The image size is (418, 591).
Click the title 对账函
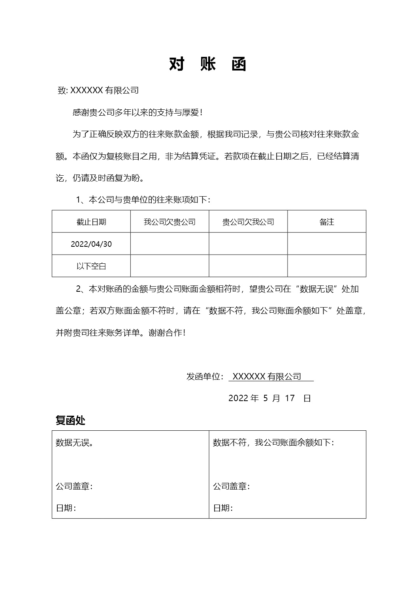point(208,64)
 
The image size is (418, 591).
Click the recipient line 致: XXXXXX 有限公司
point(98,90)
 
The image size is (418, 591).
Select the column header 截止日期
point(91,222)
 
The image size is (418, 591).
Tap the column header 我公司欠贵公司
point(169,222)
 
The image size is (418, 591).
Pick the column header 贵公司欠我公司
point(248,222)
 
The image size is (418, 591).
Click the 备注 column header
point(327,222)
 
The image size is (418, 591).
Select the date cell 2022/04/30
point(91,244)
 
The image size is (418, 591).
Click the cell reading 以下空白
point(91,266)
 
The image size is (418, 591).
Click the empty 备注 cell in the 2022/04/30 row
point(327,244)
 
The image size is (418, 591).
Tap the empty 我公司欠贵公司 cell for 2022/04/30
point(169,244)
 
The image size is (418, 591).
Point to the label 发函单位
point(205,377)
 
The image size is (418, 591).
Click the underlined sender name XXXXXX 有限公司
point(267,377)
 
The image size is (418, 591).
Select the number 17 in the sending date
point(290,398)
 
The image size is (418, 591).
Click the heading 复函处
point(70,420)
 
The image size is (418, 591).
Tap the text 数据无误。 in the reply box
point(75,443)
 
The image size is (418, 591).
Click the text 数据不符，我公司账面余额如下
point(273,443)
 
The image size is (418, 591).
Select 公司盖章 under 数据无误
point(74,486)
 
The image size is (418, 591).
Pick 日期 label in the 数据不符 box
point(223,508)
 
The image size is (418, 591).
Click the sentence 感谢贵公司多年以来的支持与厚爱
point(138,113)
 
